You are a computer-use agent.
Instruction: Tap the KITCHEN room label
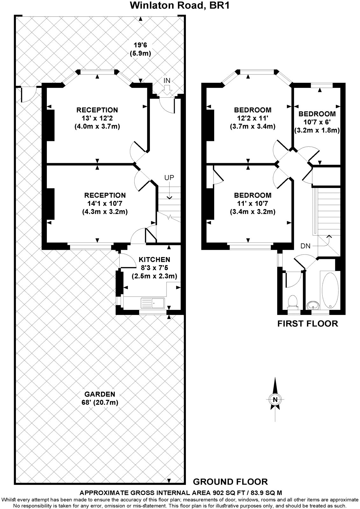(x=154, y=260)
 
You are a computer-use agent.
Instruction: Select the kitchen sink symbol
(x=153, y=303)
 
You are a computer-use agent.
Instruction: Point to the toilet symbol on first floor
(x=292, y=301)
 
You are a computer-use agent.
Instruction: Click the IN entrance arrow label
(x=167, y=81)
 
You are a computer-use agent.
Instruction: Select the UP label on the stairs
(x=169, y=178)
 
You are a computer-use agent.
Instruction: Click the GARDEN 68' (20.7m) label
(x=100, y=398)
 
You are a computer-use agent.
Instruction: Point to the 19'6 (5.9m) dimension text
(x=140, y=49)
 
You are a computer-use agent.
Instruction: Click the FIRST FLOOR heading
(x=307, y=324)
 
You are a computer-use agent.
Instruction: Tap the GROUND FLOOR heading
(x=230, y=481)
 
